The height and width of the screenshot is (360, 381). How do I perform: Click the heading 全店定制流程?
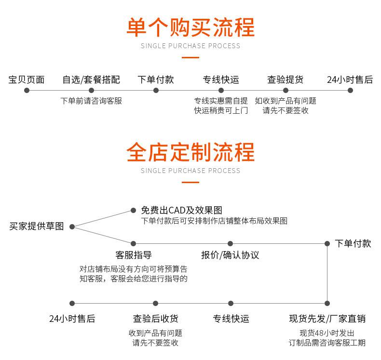[190, 152]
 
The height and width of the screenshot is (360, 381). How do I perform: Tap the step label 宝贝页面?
[27, 80]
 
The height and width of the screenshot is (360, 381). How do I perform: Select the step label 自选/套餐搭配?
[91, 80]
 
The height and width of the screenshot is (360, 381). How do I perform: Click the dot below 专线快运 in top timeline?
[220, 90]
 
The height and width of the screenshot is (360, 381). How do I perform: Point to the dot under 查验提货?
[286, 90]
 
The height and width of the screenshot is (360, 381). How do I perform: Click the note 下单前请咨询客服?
[91, 101]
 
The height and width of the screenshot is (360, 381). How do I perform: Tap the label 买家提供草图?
[37, 227]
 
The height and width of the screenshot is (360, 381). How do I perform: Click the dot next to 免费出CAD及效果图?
[134, 210]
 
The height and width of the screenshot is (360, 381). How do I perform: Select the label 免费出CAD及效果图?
[181, 210]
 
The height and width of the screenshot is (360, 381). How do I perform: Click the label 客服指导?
[134, 255]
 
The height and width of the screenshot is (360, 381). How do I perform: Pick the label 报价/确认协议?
[230, 255]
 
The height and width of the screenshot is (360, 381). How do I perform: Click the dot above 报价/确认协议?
[230, 243]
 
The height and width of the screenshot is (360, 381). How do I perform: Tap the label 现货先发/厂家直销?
[327, 319]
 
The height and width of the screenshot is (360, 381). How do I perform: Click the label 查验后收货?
[155, 319]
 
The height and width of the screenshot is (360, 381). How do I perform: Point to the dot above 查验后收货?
[155, 303]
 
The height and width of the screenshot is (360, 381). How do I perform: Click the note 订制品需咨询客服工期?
[327, 343]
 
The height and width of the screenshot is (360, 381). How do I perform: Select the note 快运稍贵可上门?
[221, 110]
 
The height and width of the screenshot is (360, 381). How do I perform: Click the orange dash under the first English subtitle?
[190, 58]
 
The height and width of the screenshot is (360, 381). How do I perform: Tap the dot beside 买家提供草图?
[72, 227]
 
